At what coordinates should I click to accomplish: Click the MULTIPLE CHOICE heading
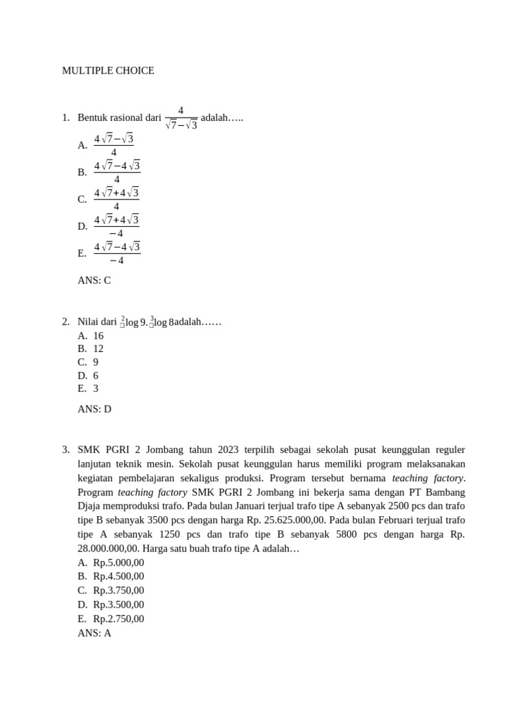point(108,71)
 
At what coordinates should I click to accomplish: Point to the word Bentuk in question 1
point(92,118)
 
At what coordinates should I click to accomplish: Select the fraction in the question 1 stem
point(181,118)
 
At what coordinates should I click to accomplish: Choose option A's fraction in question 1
point(113,145)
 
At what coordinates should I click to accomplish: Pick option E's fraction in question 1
point(117,253)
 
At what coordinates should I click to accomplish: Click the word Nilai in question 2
point(89,322)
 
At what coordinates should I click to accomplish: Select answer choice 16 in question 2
point(98,335)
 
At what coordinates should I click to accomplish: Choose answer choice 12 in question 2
point(98,349)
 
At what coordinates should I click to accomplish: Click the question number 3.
point(65,450)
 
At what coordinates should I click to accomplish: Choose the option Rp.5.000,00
point(118,562)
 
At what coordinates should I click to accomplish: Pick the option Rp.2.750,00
point(118,619)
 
